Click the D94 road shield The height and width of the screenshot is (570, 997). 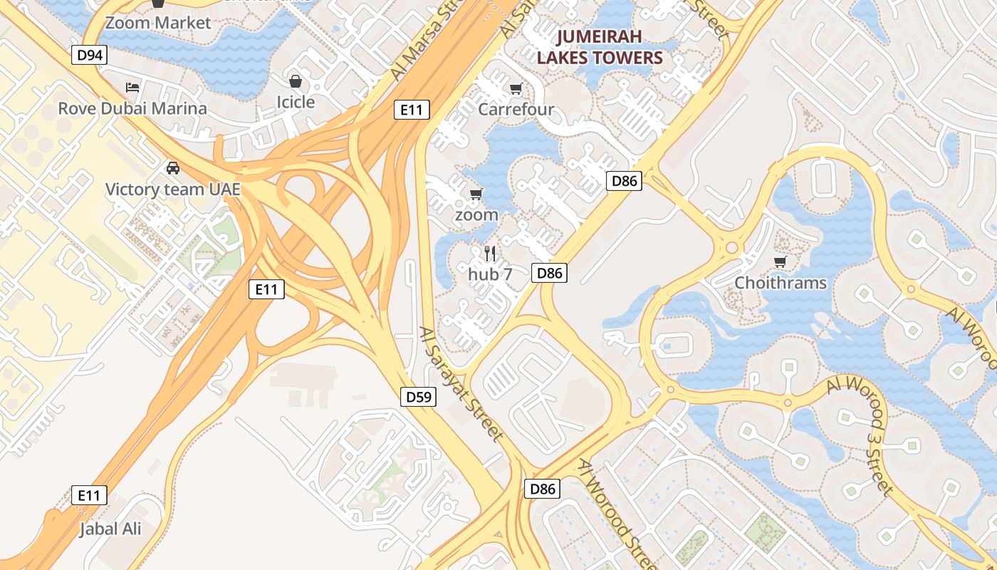(89, 55)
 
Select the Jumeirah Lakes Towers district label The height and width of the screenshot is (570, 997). (600, 47)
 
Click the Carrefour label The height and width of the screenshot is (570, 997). (516, 109)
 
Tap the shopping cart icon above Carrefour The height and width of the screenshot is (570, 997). (516, 89)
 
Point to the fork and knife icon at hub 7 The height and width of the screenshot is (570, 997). (490, 253)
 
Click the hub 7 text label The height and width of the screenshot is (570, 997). (490, 273)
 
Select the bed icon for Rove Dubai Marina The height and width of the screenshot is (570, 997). (132, 88)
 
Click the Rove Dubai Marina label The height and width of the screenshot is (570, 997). (132, 108)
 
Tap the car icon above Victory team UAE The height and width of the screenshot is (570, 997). (172, 168)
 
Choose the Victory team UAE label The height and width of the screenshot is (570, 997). (172, 190)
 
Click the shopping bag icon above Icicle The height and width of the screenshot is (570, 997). (296, 81)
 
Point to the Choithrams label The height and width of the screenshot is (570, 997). (781, 283)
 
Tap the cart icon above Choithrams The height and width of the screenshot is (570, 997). (781, 262)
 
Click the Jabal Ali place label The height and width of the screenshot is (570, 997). (110, 529)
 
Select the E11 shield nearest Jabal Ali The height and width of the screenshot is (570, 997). (89, 495)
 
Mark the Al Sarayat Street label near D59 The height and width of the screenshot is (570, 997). (461, 384)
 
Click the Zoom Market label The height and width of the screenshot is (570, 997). (158, 23)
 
